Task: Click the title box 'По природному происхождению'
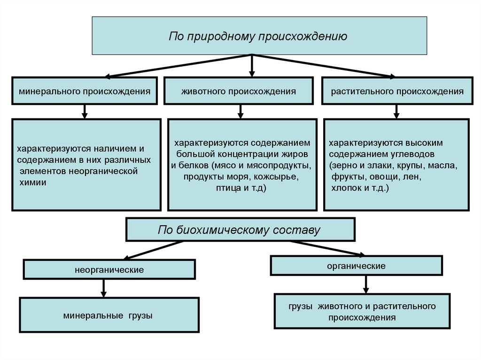pos(259,36)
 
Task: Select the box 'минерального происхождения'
pos(85,91)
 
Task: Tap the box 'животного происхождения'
pos(238,91)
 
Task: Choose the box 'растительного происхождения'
pos(396,91)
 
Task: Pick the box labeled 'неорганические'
pos(109,270)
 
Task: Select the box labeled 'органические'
pos(356,266)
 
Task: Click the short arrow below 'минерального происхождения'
pos(85,111)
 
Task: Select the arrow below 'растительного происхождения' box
pos(396,111)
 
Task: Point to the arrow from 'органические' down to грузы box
pos(366,284)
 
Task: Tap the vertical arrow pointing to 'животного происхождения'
pos(252,66)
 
